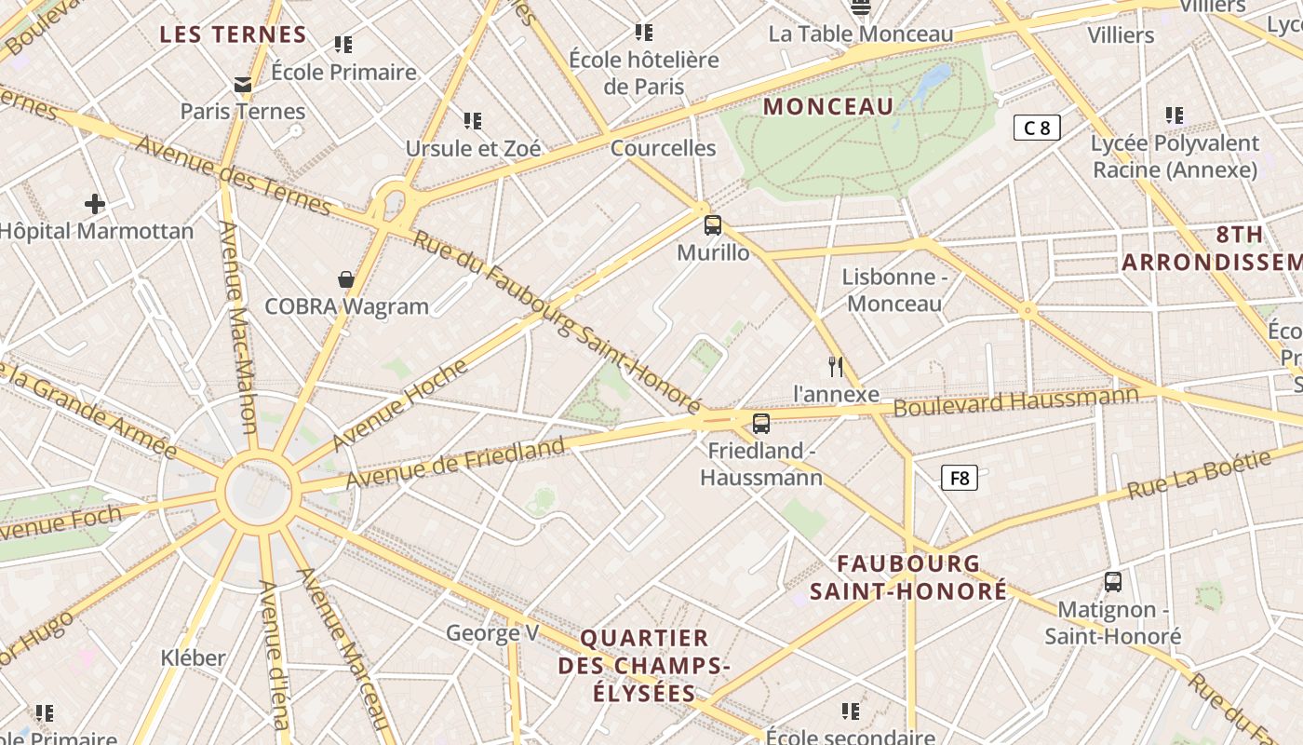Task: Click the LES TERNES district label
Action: [x=233, y=35]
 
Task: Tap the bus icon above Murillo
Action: [x=713, y=224]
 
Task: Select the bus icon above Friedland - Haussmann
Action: [x=761, y=424]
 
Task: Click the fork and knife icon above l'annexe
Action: [x=836, y=367]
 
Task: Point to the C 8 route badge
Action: [x=1037, y=128]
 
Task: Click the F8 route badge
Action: [x=959, y=479]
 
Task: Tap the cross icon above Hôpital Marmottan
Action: [x=95, y=204]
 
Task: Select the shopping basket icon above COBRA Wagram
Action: [x=346, y=279]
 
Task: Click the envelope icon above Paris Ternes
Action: [x=243, y=85]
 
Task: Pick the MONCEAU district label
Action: [x=828, y=106]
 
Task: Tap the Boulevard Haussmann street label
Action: [x=1015, y=401]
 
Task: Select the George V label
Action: [x=492, y=633]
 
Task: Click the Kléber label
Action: [x=193, y=657]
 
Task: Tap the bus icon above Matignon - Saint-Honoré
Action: [x=1112, y=582]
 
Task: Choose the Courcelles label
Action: [x=663, y=148]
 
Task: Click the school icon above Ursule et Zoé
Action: [x=473, y=121]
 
